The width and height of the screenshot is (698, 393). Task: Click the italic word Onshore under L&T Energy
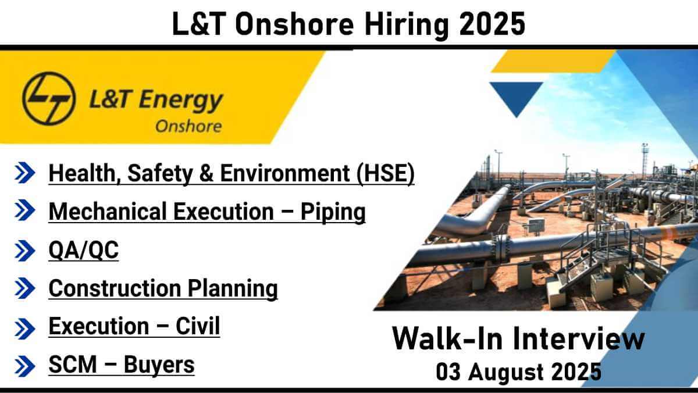(x=188, y=126)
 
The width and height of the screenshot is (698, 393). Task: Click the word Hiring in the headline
(x=407, y=26)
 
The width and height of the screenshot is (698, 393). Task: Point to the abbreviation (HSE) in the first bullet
(x=386, y=173)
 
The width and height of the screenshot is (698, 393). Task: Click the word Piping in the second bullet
(x=333, y=212)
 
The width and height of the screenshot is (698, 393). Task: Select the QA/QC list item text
(x=84, y=250)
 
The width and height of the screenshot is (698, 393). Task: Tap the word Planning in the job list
(x=233, y=289)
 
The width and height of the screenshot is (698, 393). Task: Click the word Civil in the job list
(x=198, y=326)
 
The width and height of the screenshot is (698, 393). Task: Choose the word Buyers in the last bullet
(x=159, y=365)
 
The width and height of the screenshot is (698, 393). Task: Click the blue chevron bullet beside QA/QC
(x=24, y=251)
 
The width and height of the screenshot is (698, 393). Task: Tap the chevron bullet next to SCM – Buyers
(x=24, y=366)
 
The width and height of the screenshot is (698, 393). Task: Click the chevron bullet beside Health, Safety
(x=24, y=173)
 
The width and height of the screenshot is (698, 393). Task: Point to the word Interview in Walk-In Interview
(x=579, y=339)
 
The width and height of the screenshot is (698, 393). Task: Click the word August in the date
(x=505, y=373)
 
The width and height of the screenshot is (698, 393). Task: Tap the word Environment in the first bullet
(x=285, y=173)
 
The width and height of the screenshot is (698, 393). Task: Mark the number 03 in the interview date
(x=448, y=372)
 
